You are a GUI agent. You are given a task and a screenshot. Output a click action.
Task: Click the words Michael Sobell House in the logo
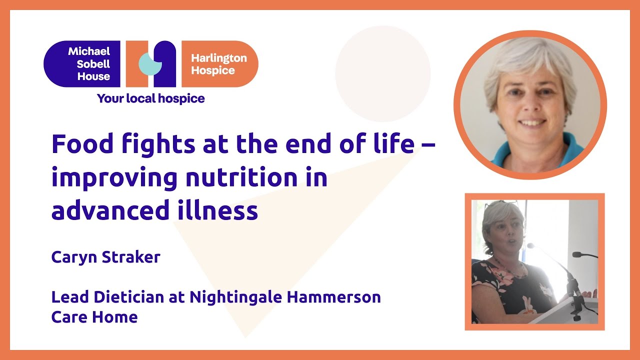(x=88, y=64)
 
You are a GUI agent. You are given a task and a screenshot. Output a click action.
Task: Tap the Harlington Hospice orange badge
(x=219, y=64)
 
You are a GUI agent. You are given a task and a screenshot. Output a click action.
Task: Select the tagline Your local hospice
(x=150, y=98)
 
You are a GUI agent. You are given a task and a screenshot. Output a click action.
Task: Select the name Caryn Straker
(x=105, y=257)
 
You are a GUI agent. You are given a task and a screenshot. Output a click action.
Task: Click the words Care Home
(x=94, y=317)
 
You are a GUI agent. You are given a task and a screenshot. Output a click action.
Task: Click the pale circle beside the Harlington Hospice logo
(x=382, y=74)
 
